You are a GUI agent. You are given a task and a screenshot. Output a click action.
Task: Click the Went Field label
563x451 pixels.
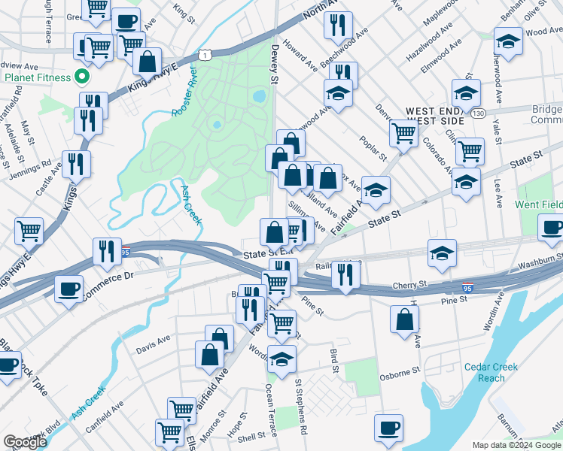(538, 204)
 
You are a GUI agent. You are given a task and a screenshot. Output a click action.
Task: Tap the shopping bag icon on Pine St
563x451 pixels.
(405, 319)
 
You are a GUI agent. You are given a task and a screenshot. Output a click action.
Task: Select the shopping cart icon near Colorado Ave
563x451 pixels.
(470, 150)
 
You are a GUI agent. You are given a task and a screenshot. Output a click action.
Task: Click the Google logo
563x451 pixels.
(25, 442)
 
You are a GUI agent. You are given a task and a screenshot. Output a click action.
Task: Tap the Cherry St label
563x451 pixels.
(412, 286)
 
